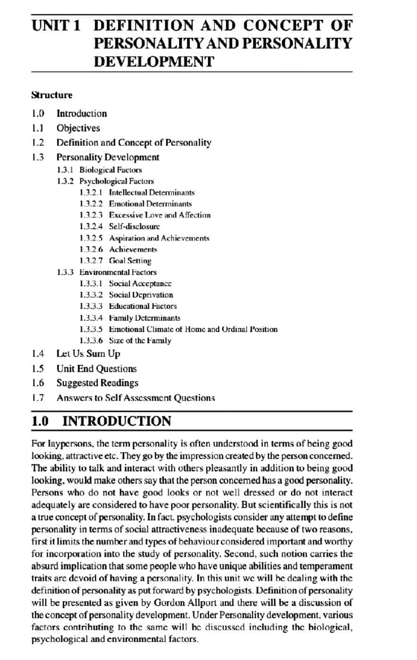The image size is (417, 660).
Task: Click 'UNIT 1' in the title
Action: tap(56, 26)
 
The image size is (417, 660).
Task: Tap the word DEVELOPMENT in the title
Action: tap(154, 62)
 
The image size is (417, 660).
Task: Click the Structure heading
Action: tap(52, 95)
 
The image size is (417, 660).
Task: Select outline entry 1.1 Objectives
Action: tap(78, 128)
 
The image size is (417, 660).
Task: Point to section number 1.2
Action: tap(38, 143)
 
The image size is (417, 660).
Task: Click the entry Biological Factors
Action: tap(111, 170)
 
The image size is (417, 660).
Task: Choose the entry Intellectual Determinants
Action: tap(152, 192)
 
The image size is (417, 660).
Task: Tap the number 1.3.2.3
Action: tap(91, 215)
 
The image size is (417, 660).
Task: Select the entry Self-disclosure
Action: tap(134, 226)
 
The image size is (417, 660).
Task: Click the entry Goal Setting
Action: tap(130, 261)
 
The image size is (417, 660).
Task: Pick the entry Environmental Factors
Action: tap(118, 272)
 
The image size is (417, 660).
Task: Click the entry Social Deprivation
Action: tap(141, 295)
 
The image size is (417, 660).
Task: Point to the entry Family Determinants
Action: tap(145, 318)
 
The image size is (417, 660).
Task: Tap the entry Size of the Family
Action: tap(140, 341)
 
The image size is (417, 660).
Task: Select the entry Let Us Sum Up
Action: tap(88, 354)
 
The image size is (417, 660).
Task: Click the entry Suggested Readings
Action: tap(97, 383)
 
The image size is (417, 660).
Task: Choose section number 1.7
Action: tap(38, 398)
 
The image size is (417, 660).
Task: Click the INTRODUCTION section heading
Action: tap(116, 421)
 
